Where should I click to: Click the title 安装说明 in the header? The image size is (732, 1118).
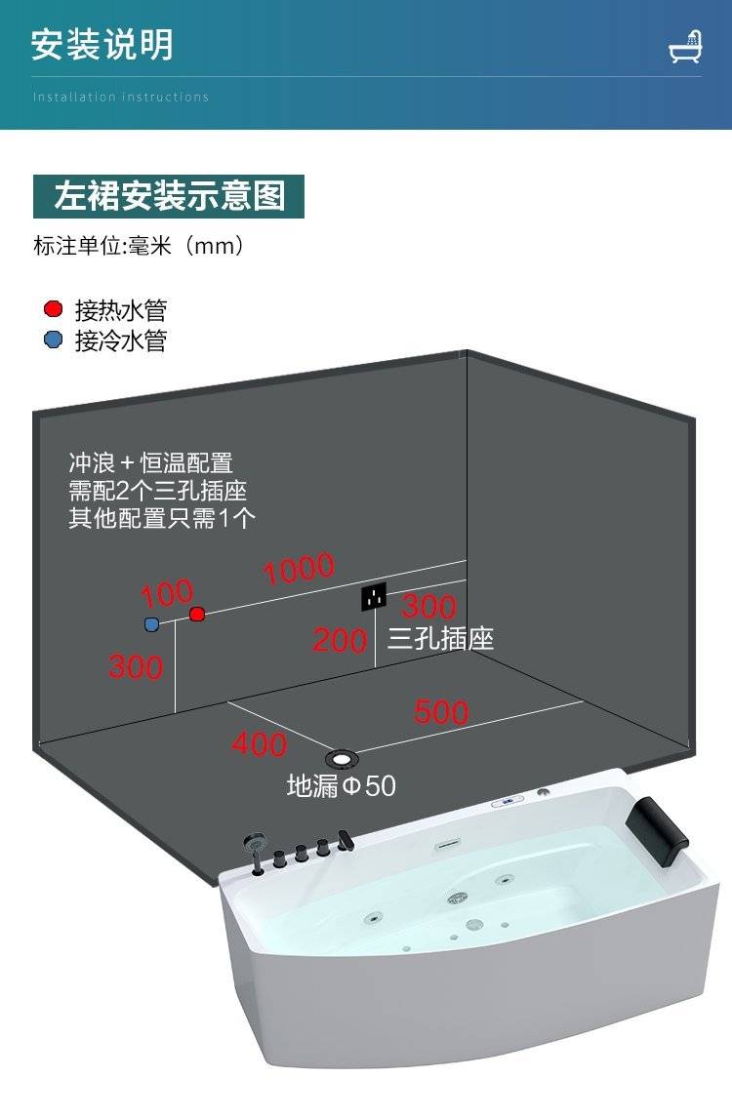(x=102, y=45)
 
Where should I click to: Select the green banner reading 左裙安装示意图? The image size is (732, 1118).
(x=169, y=196)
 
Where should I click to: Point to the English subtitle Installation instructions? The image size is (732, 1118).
(x=121, y=97)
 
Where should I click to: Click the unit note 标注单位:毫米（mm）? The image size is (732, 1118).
(x=138, y=246)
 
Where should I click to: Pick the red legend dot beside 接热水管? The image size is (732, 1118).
(x=54, y=310)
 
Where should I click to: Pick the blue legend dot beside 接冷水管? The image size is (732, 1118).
(x=54, y=340)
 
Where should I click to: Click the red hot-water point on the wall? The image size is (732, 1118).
(x=197, y=614)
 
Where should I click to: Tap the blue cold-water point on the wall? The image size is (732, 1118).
(x=151, y=623)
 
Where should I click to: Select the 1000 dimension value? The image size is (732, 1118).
(x=299, y=569)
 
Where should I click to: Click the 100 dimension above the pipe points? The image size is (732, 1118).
(x=167, y=593)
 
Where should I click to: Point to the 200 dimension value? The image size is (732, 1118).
(x=340, y=641)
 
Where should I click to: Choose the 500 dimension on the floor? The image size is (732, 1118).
(x=441, y=712)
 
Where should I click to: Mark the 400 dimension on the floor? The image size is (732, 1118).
(x=259, y=744)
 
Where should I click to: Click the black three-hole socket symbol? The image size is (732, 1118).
(x=374, y=596)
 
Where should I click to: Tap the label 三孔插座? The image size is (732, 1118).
(x=440, y=639)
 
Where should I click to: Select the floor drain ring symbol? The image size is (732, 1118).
(x=342, y=757)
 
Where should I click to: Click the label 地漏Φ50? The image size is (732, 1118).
(x=342, y=785)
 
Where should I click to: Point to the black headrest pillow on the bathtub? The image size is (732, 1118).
(x=662, y=822)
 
